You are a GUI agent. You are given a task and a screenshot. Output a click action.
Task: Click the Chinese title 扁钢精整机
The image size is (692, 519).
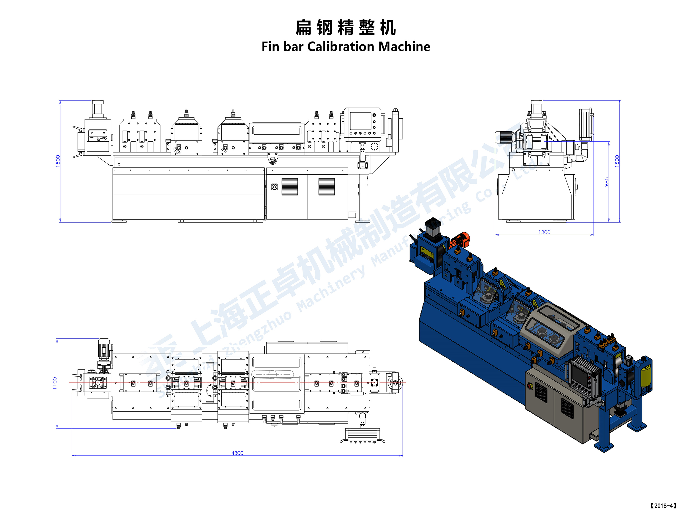tap(346, 28)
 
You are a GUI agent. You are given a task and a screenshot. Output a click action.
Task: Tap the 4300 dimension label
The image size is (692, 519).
tap(237, 453)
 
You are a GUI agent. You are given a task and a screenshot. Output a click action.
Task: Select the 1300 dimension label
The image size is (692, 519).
tap(544, 232)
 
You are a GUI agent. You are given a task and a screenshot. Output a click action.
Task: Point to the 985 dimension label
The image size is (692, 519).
tap(606, 182)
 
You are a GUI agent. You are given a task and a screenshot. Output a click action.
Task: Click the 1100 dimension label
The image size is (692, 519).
tap(55, 383)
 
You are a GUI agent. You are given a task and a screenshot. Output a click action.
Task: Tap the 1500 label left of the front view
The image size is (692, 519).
tap(58, 161)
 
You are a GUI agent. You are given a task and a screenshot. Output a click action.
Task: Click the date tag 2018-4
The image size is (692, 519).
tap(663, 505)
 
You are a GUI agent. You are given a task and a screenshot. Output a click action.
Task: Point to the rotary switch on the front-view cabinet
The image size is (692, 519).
tap(274, 187)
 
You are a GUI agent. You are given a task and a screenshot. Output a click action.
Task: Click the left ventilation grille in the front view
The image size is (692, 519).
tap(290, 187)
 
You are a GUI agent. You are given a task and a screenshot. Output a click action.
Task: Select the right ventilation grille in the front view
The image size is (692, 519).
tap(326, 187)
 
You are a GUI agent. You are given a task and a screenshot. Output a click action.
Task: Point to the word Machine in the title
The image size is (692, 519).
tap(404, 46)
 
